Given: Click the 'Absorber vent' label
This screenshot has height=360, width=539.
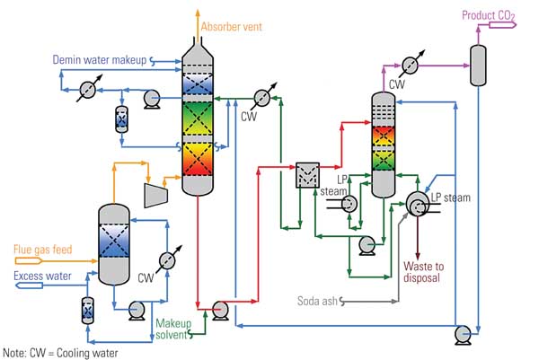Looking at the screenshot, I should [x=232, y=26].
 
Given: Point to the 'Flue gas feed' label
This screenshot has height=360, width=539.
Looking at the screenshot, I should [x=41, y=249].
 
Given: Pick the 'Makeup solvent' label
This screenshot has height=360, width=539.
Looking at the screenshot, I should [x=172, y=329].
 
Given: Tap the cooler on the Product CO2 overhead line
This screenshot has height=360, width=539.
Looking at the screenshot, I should [x=410, y=65].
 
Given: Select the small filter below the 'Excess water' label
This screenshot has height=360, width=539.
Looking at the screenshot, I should [x=88, y=310].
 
